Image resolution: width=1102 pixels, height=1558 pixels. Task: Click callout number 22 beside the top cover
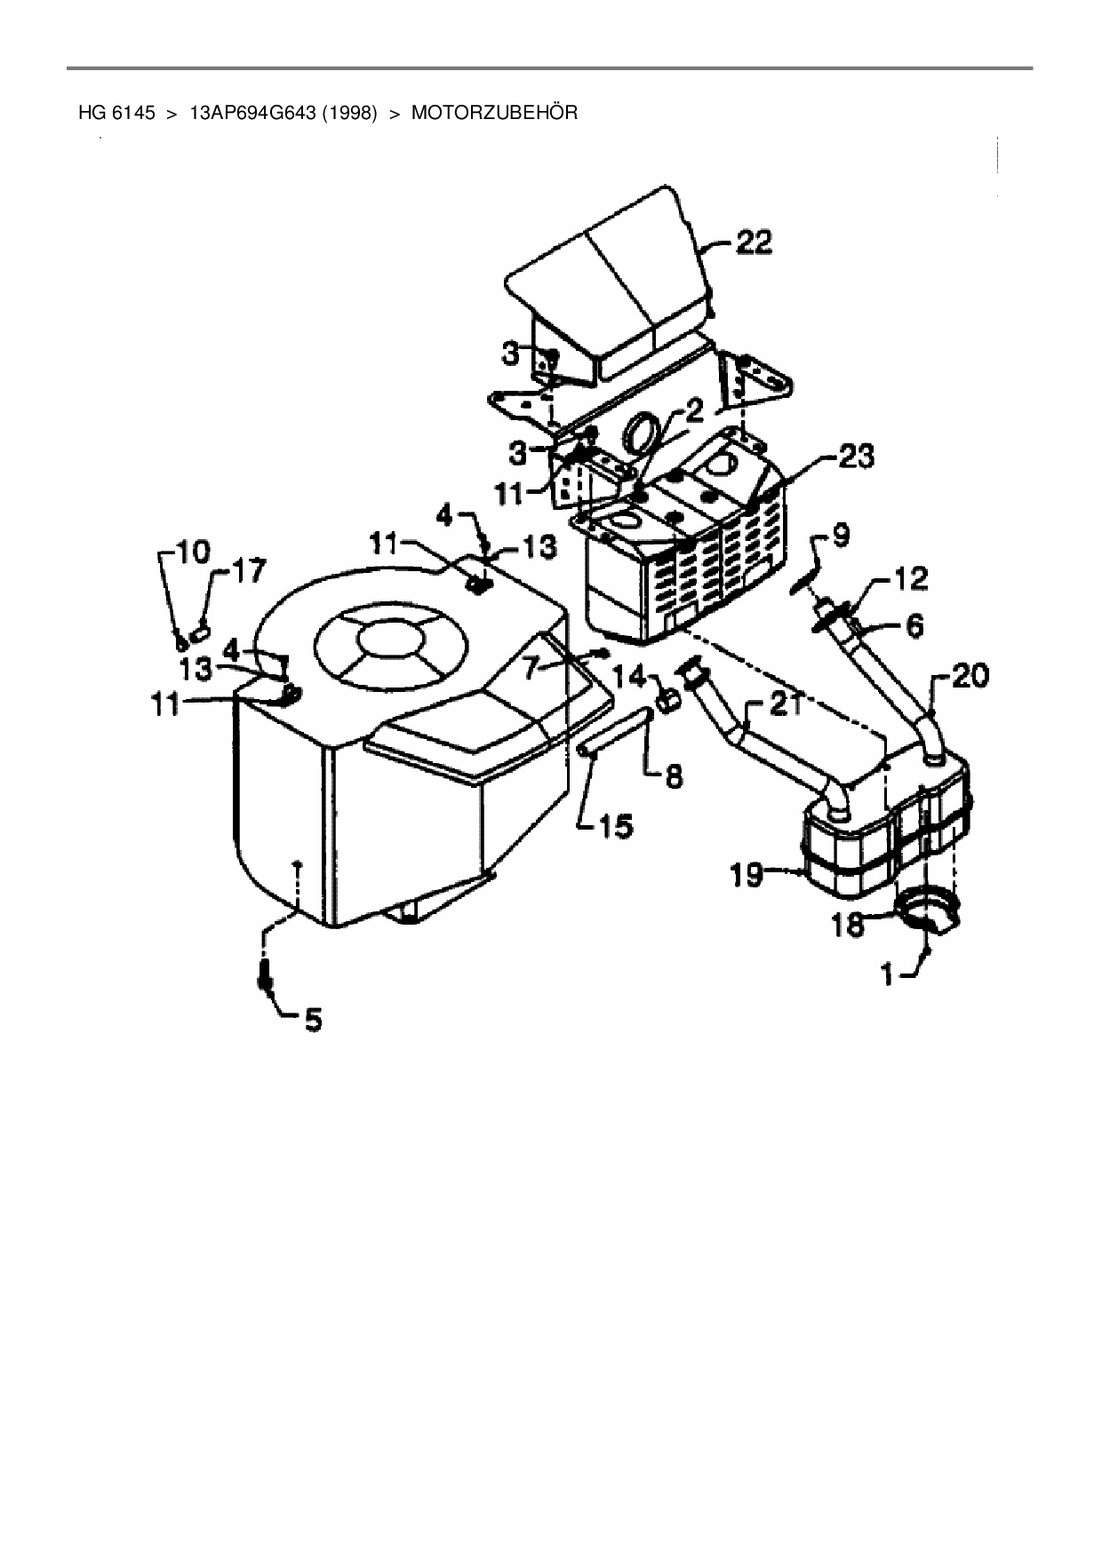753,243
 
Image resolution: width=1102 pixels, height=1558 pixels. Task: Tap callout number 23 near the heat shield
855,457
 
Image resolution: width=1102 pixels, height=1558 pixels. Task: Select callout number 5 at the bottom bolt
313,1020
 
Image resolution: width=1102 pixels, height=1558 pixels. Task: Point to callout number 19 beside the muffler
747,876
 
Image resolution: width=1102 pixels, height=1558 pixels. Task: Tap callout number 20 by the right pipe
970,677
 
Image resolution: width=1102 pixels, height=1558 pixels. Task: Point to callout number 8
674,777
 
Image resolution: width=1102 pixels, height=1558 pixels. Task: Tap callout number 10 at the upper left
194,552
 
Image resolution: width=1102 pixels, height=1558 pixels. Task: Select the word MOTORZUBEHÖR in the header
494,113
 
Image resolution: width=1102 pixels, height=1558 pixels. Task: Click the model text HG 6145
116,113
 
